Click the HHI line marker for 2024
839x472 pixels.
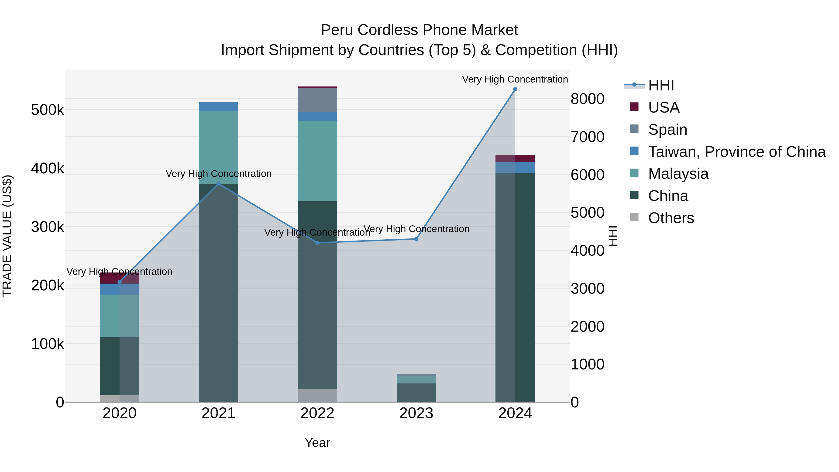[x=515, y=89]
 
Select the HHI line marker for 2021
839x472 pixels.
[x=219, y=184]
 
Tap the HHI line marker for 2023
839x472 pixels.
[x=416, y=239]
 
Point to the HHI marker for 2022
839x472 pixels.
[x=318, y=243]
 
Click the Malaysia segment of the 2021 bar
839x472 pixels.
[x=219, y=147]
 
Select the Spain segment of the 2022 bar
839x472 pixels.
[x=318, y=100]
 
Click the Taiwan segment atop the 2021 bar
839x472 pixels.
[x=219, y=107]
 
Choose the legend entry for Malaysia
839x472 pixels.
[x=678, y=174]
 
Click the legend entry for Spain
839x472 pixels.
[x=667, y=130]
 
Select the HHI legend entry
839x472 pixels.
[x=661, y=85]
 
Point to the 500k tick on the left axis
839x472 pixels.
[x=48, y=110]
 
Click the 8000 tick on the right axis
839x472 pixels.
[x=587, y=99]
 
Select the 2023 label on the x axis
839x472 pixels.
[x=416, y=413]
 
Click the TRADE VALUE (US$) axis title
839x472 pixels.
[x=7, y=236]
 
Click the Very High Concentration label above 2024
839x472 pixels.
[x=515, y=79]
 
